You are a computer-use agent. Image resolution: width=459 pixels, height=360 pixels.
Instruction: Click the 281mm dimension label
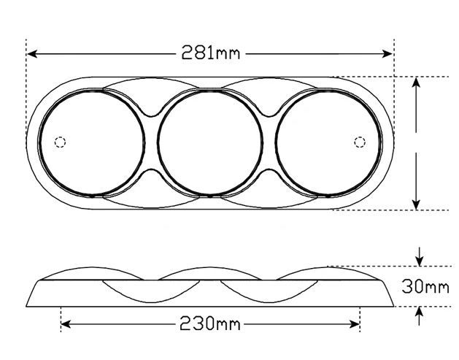(x=210, y=53)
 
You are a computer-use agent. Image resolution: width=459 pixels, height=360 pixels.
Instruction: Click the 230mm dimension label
(x=209, y=323)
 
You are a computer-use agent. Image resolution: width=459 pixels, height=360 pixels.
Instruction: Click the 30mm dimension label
(x=425, y=286)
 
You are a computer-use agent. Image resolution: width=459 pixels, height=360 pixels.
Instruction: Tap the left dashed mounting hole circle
(x=61, y=142)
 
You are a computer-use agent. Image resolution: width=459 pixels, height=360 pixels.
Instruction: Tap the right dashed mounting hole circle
(x=360, y=142)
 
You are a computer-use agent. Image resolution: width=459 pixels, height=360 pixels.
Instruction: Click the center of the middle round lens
(x=210, y=142)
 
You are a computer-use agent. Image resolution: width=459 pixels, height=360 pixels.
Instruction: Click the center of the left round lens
(x=92, y=142)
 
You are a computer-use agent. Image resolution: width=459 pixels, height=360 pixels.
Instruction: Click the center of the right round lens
(x=328, y=142)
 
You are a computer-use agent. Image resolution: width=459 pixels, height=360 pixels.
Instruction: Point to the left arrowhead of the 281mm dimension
(x=32, y=54)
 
